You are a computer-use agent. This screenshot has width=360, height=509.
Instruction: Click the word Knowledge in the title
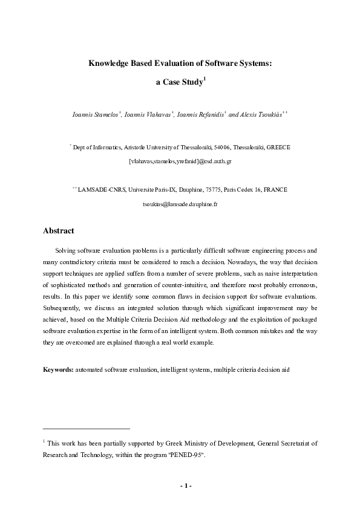click(110, 62)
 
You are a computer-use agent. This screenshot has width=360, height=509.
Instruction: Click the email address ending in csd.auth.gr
click(180, 162)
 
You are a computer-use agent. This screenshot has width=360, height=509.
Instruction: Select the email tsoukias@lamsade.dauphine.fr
click(180, 204)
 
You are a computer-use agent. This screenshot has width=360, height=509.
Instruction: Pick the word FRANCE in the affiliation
click(275, 190)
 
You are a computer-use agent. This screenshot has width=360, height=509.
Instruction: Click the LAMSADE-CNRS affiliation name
click(99, 190)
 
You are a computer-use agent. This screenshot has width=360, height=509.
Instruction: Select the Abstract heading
click(59, 231)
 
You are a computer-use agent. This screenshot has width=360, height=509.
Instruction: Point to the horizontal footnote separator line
click(87, 428)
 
